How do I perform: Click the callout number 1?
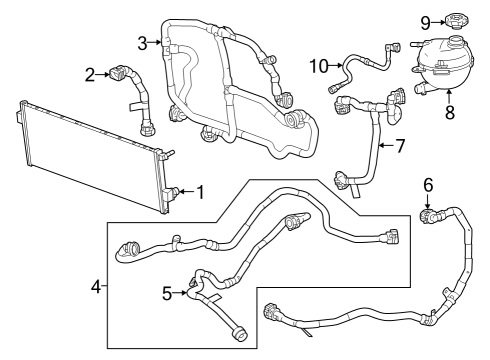pos(201,191)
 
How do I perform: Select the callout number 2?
pos(89,73)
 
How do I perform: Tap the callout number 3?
pos(143,41)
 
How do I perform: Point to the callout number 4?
pos(96,287)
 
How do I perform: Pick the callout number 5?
pos(168,293)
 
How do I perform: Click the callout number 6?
pos(428,184)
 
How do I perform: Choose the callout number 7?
pos(399,146)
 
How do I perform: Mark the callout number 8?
pos(449,113)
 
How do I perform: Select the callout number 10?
pos(317,66)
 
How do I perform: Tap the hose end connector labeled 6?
pos(428,212)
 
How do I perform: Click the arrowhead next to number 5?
pos(185,293)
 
